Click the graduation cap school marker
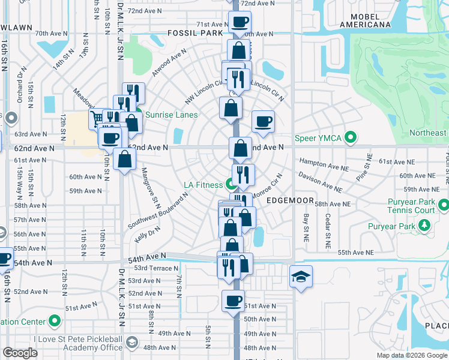301,276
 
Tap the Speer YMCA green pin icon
352,139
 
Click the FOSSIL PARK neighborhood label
195,33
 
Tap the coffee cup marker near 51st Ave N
233,300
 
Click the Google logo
20,353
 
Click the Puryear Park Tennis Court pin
443,206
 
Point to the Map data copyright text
412,355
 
